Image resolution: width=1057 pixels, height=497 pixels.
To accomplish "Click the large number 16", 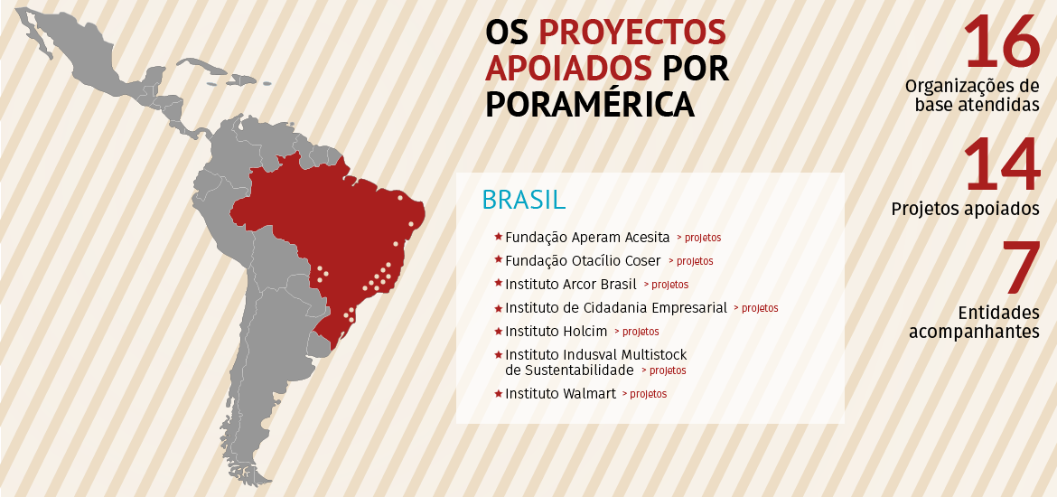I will (x=1002, y=42).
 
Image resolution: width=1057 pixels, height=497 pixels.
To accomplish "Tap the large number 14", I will (x=1002, y=165).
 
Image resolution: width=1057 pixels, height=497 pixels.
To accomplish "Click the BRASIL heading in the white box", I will (x=524, y=200).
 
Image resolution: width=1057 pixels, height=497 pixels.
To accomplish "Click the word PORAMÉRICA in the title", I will (x=590, y=103).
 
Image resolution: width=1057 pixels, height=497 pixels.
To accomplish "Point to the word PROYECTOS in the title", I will (x=631, y=32).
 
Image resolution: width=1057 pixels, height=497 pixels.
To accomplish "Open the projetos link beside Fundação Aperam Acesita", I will (x=699, y=238).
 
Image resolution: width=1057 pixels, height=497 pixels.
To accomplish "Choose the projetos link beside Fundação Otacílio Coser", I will (x=691, y=261).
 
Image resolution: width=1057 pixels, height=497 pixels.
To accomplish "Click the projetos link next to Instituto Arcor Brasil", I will (x=667, y=285).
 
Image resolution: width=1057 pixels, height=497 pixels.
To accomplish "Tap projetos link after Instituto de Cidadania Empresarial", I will (x=756, y=308).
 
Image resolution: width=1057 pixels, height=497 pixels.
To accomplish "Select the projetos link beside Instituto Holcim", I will (x=637, y=332).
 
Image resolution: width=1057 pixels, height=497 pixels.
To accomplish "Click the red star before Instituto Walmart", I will (x=498, y=393).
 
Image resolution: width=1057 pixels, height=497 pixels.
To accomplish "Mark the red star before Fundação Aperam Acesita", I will (x=498, y=237).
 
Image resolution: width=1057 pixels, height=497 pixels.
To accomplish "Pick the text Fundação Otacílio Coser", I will (x=583, y=261).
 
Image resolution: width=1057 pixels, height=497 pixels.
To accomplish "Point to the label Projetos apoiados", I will (x=965, y=209).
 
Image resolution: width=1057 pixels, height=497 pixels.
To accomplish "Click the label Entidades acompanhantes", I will (x=974, y=322).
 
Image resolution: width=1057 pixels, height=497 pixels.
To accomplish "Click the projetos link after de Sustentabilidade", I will (x=664, y=370).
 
